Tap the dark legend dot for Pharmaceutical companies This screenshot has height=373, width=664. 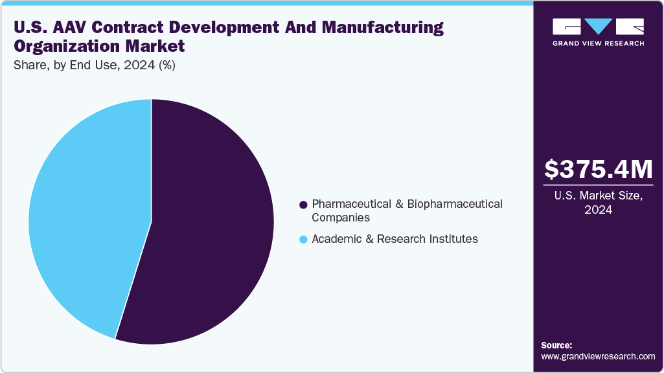(303, 205)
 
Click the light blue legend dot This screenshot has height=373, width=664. (303, 240)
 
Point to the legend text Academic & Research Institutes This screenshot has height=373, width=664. (395, 239)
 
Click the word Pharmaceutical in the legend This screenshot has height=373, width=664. (350, 204)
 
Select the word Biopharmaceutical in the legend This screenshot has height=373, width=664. (453, 204)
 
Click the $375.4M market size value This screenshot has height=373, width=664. (598, 169)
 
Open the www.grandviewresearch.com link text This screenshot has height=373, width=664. (598, 356)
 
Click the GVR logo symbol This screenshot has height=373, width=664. (598, 27)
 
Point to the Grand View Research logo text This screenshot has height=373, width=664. (598, 43)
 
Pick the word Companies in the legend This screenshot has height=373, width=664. (341, 218)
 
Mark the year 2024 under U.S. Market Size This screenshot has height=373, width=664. (598, 210)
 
